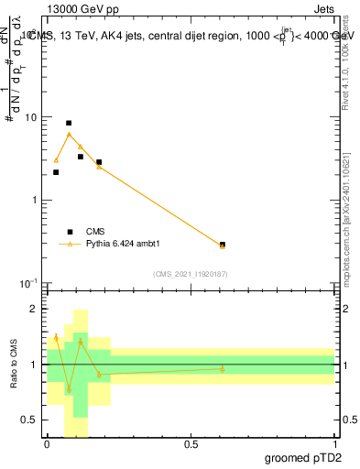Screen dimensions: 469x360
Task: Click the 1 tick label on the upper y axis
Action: tap(33, 200)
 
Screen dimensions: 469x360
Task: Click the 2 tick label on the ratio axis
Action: tap(34, 310)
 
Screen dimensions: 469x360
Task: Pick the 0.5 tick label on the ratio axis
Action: tap(29, 420)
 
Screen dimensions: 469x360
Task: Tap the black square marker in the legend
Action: tap(69, 232)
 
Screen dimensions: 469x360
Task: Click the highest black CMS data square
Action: tap(69, 123)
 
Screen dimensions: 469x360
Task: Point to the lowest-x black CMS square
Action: tap(56, 172)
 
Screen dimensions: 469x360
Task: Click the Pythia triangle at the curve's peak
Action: tap(69, 134)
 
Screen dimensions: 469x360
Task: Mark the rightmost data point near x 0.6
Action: tap(223, 245)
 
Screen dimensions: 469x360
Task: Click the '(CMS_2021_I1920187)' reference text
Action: tap(191, 273)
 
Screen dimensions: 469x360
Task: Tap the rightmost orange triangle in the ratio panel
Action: tap(223, 369)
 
